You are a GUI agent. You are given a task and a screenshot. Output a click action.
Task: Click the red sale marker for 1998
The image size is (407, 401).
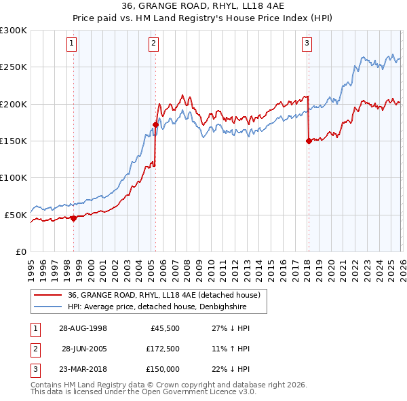(x=74, y=218)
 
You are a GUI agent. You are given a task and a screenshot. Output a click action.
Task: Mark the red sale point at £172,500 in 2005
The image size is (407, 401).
(x=155, y=124)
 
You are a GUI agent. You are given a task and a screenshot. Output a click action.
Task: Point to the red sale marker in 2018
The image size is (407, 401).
(x=309, y=141)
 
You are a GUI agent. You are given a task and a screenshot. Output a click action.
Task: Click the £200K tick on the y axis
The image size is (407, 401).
(x=14, y=104)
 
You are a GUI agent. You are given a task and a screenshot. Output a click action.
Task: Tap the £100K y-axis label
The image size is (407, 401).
(x=14, y=177)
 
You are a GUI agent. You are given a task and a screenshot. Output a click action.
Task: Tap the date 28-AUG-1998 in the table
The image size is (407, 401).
(x=83, y=328)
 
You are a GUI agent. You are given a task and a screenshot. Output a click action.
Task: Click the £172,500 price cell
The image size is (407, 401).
(x=162, y=349)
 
